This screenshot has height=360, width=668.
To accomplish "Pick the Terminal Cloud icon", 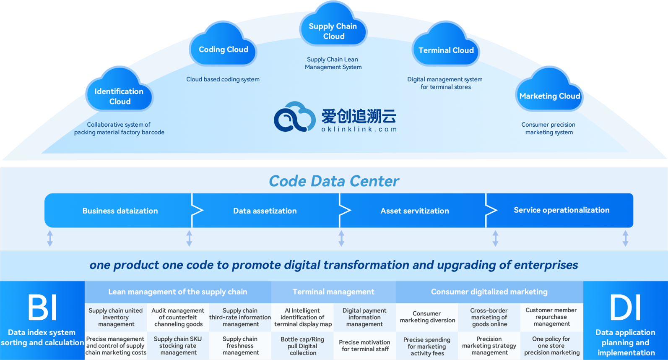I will click(x=446, y=47).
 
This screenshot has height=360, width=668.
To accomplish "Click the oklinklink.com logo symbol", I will click(x=294, y=117).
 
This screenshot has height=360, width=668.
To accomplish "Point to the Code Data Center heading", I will click(x=334, y=181).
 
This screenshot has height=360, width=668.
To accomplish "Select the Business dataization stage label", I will click(x=120, y=211).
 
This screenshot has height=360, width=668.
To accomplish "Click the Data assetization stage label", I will click(x=265, y=211).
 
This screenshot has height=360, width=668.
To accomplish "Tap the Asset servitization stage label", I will click(x=414, y=211).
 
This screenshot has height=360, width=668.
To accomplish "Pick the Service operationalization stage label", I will click(x=561, y=210).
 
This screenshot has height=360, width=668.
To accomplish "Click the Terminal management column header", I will click(x=333, y=292).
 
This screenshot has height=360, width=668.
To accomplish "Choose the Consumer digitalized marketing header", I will click(x=489, y=292).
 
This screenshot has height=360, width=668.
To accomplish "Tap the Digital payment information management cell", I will click(x=364, y=317).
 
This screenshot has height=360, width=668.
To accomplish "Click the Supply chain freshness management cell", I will click(x=240, y=346).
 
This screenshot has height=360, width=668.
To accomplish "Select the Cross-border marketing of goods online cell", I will click(x=489, y=317).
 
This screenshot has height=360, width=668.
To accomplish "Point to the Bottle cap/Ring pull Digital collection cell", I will click(x=302, y=346).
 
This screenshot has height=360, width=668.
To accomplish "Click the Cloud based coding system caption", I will click(x=223, y=79).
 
